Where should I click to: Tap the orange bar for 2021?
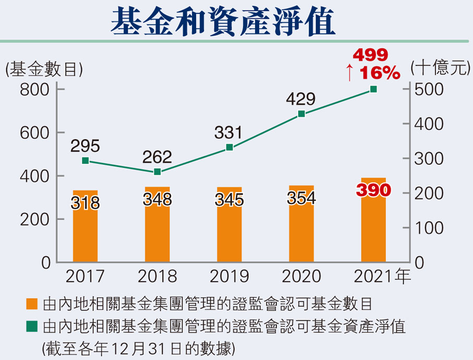point(373,230)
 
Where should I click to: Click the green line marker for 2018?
point(157,172)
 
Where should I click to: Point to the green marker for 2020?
point(301,114)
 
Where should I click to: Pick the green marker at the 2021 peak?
point(373,89)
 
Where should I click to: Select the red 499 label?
point(371,55)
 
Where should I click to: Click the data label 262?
point(157,157)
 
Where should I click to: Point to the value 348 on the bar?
point(157,200)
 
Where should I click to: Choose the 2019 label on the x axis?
point(229,275)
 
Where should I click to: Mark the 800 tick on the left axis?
point(35,90)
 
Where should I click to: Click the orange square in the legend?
point(32,304)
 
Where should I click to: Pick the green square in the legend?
point(32,327)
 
